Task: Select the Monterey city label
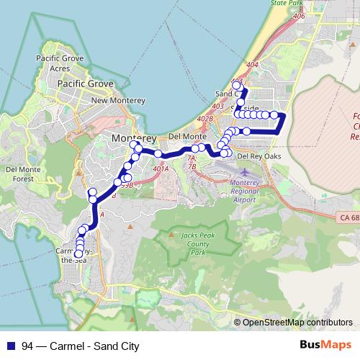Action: click(134, 137)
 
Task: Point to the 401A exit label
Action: click(161, 168)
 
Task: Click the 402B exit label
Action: click(205, 119)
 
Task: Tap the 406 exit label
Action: click(299, 16)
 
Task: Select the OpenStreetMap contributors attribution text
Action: click(297, 323)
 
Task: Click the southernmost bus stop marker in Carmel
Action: click(78, 253)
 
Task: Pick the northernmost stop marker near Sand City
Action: click(235, 86)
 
